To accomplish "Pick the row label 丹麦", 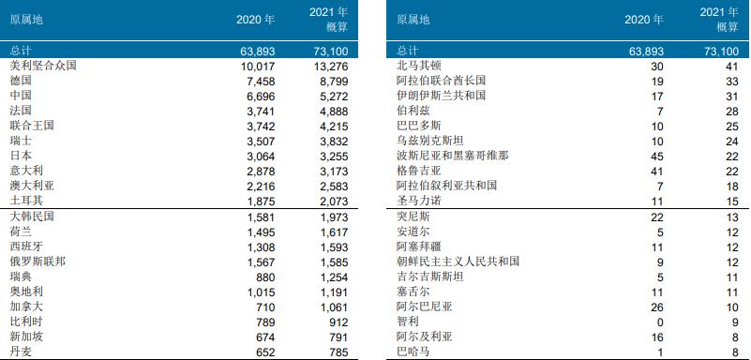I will (x=21, y=352).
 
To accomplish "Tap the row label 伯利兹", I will (x=413, y=111).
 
